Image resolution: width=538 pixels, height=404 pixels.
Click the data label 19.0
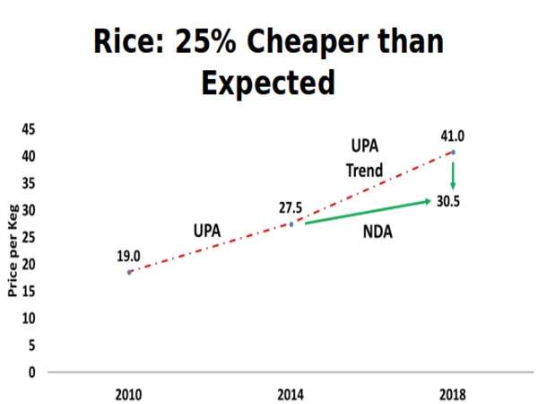(128, 256)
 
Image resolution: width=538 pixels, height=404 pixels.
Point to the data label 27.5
(290, 207)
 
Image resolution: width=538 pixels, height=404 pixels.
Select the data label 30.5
(448, 201)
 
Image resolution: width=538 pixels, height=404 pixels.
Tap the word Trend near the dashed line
(365, 170)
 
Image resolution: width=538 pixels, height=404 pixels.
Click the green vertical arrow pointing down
(453, 174)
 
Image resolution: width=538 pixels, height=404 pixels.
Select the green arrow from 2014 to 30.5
(368, 211)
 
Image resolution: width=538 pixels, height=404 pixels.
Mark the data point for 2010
(129, 271)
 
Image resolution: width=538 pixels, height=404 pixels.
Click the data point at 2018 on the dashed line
(453, 152)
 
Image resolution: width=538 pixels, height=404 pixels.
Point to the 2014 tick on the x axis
(291, 394)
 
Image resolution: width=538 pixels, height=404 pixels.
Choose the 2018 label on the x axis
(452, 394)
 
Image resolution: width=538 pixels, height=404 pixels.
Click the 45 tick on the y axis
(29, 129)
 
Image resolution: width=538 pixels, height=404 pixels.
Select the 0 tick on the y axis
(31, 372)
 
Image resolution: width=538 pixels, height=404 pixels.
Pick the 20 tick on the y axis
(29, 264)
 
